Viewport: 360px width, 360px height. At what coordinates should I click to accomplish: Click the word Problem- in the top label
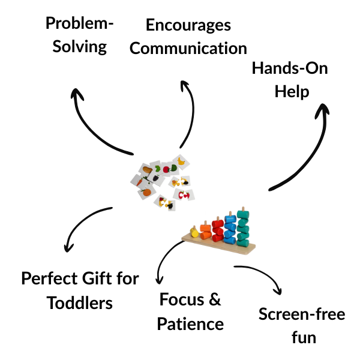[x=79, y=23]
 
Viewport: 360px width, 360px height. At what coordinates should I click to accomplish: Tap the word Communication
[x=188, y=48]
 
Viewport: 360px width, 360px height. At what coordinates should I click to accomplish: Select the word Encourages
[x=188, y=26]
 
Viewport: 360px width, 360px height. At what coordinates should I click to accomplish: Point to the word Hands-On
[x=290, y=68]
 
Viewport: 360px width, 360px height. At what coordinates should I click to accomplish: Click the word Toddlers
[x=80, y=303]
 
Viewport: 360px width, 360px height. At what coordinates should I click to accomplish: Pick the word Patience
[x=190, y=324]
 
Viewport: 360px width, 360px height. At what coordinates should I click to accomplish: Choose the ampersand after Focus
[x=215, y=299]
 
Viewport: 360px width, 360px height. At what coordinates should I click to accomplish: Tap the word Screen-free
[x=302, y=314]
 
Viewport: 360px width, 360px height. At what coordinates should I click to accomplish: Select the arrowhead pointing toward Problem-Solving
[x=77, y=94]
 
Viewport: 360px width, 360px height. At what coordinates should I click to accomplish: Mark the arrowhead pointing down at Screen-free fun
[x=278, y=290]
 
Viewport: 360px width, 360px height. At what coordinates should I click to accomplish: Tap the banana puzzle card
[x=181, y=161]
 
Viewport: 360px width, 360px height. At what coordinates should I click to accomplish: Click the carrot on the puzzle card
[x=140, y=182]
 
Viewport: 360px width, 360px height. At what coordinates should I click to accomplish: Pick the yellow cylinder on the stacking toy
[x=194, y=232]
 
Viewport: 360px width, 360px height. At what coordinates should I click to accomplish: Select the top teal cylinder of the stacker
[x=243, y=215]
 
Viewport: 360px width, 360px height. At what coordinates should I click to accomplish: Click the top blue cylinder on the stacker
[x=230, y=219]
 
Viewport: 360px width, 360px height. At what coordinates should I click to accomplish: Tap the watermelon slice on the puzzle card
[x=174, y=168]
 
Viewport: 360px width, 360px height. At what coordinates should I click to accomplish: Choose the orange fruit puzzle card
[x=147, y=192]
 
